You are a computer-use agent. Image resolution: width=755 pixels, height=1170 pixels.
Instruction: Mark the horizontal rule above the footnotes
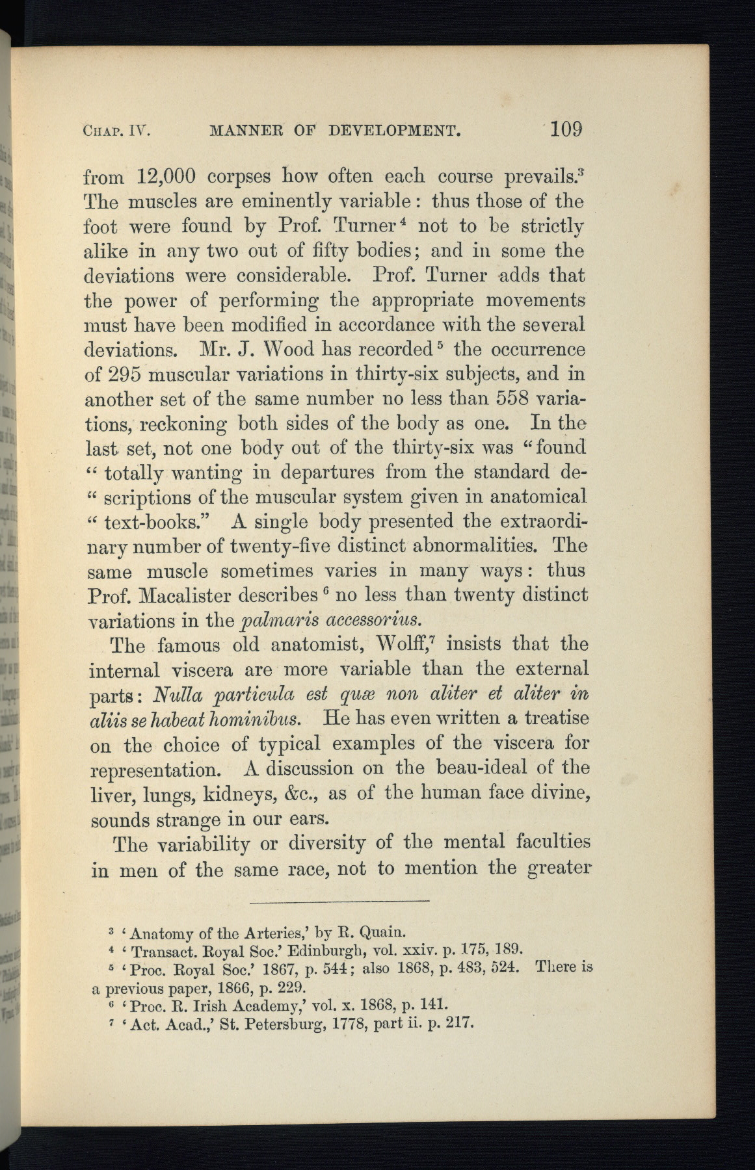click(x=339, y=900)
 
